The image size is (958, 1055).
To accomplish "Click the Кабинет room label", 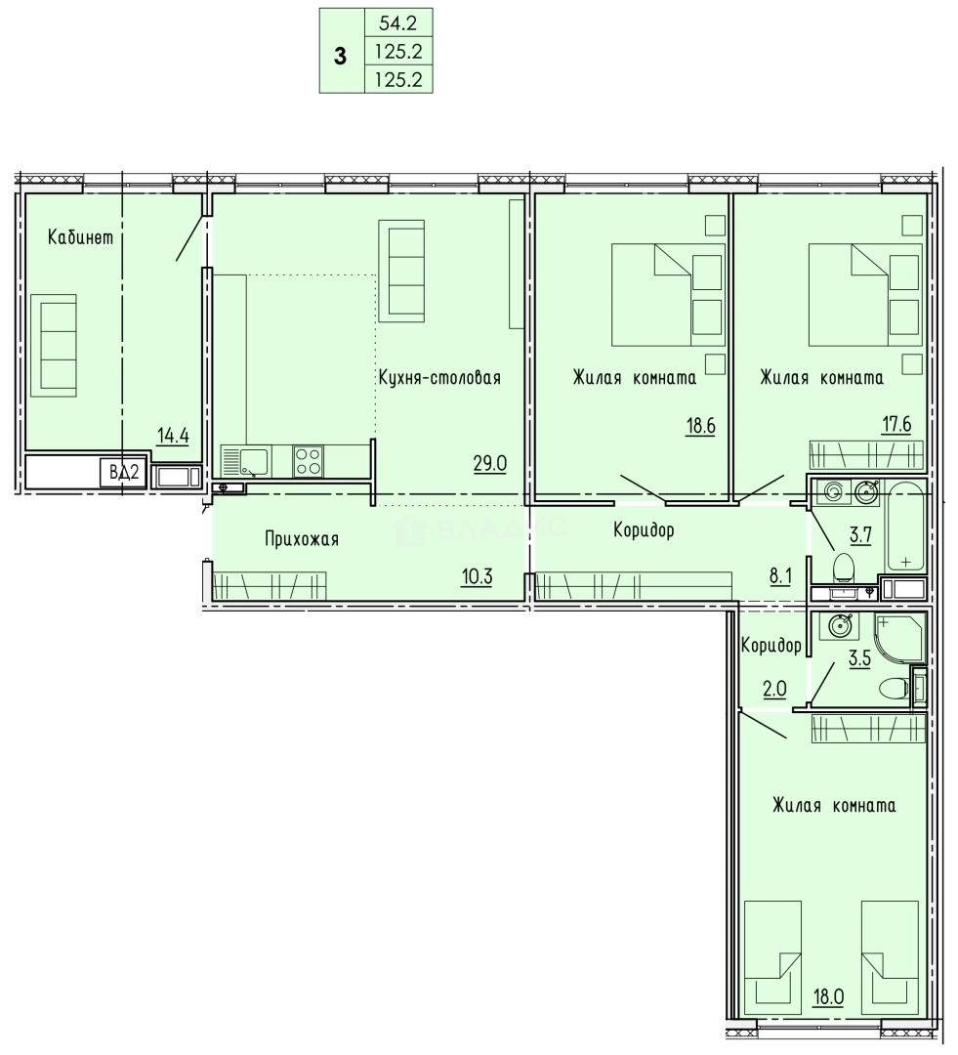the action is coord(81,236).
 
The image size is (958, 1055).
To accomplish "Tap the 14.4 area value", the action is coord(173,436).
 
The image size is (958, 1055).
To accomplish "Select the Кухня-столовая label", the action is coord(439,377).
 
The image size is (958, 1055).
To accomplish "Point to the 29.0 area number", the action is coord(490,464).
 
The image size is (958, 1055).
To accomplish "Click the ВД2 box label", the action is coord(124,473).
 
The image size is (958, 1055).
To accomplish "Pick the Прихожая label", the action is coord(302,539).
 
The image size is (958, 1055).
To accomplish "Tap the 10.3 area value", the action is coord(477,576).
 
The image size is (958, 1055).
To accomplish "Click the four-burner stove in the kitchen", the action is coord(309,461).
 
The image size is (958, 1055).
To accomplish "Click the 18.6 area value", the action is coord(700,426).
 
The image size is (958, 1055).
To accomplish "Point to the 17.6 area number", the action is coord(896,425).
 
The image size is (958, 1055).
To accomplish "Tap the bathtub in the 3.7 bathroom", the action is coord(905,525).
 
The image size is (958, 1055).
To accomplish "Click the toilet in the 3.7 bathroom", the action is coord(843,567).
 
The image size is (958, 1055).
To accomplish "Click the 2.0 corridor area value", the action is coord(773,689).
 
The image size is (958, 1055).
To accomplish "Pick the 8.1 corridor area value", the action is coord(780,576).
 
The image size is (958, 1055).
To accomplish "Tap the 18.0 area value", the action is coord(828,996).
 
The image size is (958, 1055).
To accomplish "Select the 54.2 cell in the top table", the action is coord(398,22).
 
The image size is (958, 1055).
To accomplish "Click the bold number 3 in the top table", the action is coord(341,57).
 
